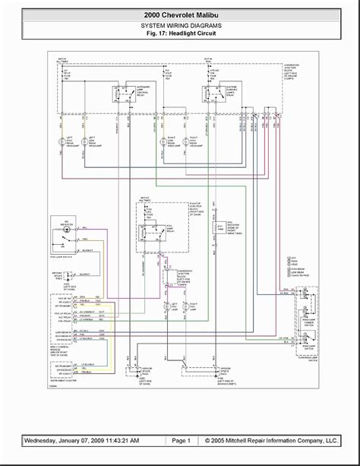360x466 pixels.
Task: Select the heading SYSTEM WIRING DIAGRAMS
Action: pyautogui.click(x=180, y=25)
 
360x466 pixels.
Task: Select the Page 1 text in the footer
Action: pyautogui.click(x=181, y=440)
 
